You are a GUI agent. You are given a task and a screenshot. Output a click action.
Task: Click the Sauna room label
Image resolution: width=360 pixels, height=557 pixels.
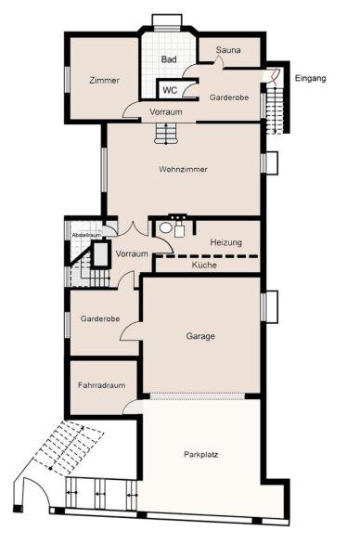tap(228, 50)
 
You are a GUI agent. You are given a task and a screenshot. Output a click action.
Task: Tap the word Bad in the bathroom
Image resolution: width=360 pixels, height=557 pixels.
tap(169, 59)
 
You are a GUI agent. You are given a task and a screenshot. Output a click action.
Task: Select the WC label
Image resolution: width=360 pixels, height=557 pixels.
tap(170, 90)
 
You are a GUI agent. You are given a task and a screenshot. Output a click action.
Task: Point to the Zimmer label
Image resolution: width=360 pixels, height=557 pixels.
tap(104, 80)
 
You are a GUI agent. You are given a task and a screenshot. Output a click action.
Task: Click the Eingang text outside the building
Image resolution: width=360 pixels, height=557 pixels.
tap(310, 79)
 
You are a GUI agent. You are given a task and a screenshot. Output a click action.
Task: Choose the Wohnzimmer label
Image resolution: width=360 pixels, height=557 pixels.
tap(183, 169)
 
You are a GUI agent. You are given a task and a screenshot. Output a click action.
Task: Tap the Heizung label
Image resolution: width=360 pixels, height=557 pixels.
tap(226, 242)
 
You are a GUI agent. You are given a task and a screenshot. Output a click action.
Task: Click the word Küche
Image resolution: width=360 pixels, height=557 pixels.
tap(204, 265)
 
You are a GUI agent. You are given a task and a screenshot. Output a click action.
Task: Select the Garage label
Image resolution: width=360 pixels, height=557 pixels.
tap(200, 336)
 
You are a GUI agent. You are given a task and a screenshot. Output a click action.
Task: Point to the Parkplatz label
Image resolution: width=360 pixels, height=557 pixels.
tap(201, 454)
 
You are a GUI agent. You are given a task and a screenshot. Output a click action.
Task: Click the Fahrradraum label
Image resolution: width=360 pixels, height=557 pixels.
tap(101, 385)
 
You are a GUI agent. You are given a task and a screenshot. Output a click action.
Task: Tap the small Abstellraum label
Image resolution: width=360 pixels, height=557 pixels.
tap(86, 235)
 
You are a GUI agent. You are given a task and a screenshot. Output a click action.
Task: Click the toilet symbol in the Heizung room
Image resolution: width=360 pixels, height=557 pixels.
tap(165, 227)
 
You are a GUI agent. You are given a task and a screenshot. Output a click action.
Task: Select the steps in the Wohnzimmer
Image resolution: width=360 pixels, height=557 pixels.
tap(166, 133)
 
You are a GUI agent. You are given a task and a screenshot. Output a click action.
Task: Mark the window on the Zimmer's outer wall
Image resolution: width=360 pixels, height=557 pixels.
tap(67, 80)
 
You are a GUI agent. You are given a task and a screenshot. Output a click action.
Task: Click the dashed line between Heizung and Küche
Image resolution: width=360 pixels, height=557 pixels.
tap(208, 256)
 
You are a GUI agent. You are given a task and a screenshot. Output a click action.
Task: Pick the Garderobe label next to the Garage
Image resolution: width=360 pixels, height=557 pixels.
tap(100, 318)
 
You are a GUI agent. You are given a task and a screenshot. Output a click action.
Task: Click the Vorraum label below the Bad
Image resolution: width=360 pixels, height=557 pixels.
tap(166, 112)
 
